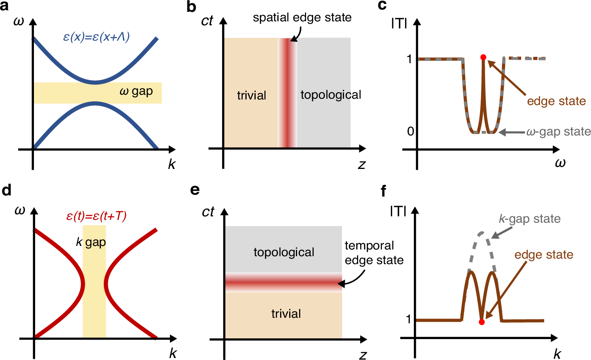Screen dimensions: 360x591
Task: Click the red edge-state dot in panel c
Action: click(x=483, y=57)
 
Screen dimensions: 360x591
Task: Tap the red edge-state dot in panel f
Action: click(x=482, y=322)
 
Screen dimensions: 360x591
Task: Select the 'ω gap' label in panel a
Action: click(x=136, y=92)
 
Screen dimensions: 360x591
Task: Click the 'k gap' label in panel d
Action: click(x=91, y=242)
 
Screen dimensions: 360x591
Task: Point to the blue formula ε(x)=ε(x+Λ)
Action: click(x=96, y=37)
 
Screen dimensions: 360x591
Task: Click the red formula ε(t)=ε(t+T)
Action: click(x=96, y=216)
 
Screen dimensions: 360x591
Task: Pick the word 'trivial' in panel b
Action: click(x=251, y=96)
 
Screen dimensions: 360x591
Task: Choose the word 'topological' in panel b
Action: click(x=331, y=95)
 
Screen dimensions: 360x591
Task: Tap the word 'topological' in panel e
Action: click(x=284, y=252)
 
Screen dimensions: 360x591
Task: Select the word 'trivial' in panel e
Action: click(x=286, y=314)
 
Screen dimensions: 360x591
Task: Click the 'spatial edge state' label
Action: click(x=302, y=18)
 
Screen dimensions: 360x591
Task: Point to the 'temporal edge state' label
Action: click(x=374, y=253)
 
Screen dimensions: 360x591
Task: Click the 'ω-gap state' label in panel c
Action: click(x=558, y=132)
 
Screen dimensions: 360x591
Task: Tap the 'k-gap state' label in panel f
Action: click(x=529, y=219)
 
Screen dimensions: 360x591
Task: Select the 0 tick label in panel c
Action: click(x=410, y=131)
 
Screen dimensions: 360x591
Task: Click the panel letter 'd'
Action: click(x=6, y=190)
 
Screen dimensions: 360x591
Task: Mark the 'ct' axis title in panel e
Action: click(x=208, y=212)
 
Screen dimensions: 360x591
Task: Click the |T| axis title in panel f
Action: click(x=398, y=212)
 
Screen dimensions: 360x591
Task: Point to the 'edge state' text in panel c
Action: click(x=556, y=101)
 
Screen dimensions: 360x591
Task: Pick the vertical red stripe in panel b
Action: click(x=288, y=93)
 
